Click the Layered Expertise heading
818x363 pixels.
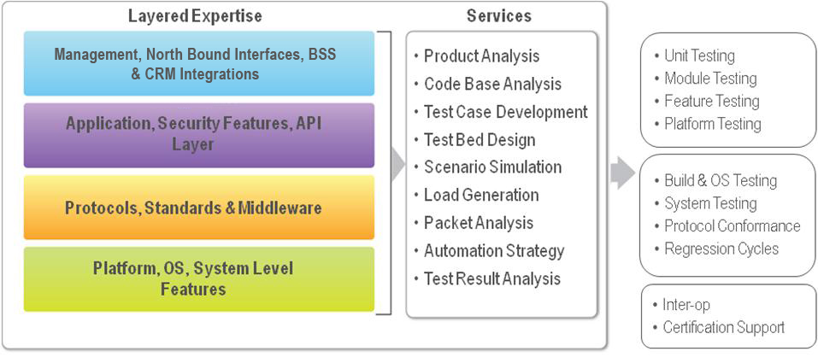pyautogui.click(x=195, y=16)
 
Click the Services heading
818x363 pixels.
pyautogui.click(x=498, y=16)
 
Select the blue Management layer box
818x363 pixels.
pyautogui.click(x=199, y=63)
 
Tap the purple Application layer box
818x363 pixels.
pyautogui.click(x=199, y=135)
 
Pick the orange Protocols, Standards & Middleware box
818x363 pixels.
pyautogui.click(x=199, y=208)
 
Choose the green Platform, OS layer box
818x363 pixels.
pyautogui.click(x=199, y=279)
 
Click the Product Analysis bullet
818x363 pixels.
pyautogui.click(x=477, y=56)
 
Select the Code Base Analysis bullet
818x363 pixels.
pyautogui.click(x=488, y=84)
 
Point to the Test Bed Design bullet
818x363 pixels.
pyautogui.click(x=474, y=140)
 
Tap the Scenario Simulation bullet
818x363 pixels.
pyautogui.click(x=488, y=167)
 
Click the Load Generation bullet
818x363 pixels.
pyautogui.click(x=476, y=195)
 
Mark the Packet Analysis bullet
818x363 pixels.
pyautogui.click(x=474, y=223)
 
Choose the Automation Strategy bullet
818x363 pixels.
pyautogui.click(x=489, y=251)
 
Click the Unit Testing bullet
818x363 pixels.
pyautogui.click(x=694, y=56)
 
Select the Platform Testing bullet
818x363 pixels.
pyautogui.click(x=708, y=124)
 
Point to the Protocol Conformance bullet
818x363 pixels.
pyautogui.click(x=727, y=225)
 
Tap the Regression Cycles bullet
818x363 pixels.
pyautogui.click(x=716, y=249)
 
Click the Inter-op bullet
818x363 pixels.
pyautogui.click(x=682, y=305)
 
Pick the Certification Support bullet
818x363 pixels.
pyautogui.click(x=719, y=327)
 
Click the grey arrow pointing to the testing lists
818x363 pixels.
pyautogui.click(x=622, y=172)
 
